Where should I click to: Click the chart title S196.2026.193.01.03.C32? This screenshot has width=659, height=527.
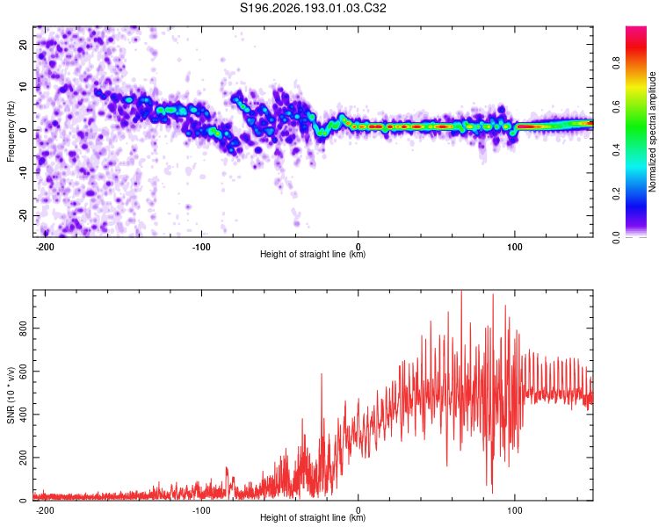click(x=313, y=8)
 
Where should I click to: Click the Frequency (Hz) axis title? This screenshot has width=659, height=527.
click(x=11, y=132)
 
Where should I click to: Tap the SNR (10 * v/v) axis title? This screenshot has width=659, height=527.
click(x=11, y=395)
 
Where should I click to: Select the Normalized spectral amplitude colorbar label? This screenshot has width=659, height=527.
click(x=652, y=132)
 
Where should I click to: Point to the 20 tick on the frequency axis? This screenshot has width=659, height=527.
click(x=23, y=44)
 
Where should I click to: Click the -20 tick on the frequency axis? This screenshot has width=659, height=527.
click(x=23, y=215)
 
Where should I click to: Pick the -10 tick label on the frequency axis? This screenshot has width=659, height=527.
click(x=23, y=173)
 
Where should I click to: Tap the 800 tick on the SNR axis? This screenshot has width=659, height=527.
click(x=23, y=328)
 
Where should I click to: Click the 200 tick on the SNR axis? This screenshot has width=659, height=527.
click(x=23, y=458)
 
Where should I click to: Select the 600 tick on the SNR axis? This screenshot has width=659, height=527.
click(x=23, y=371)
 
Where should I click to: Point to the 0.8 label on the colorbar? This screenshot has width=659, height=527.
click(x=616, y=63)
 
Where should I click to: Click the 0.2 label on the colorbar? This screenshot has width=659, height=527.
click(x=616, y=193)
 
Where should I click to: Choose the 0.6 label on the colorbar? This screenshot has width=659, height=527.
click(x=616, y=107)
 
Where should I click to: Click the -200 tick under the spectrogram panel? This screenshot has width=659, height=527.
click(x=44, y=247)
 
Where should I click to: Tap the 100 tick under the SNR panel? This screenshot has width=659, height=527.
click(x=514, y=510)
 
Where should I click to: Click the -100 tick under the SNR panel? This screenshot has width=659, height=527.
click(x=201, y=510)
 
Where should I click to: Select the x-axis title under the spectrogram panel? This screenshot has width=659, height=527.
click(x=313, y=254)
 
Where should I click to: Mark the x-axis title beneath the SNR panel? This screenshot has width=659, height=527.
click(x=313, y=517)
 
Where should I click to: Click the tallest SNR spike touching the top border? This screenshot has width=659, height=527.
click(x=461, y=292)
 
